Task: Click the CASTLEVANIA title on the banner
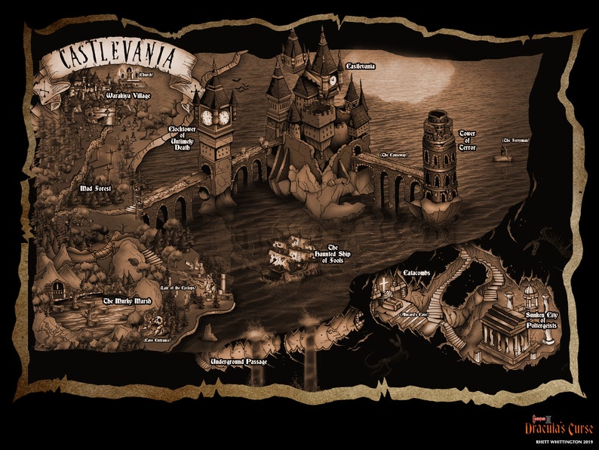pyautogui.click(x=110, y=58)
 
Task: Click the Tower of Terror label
pyautogui.click(x=468, y=140)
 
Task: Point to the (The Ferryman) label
pyautogui.click(x=516, y=141)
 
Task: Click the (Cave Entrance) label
pyautogui.click(x=157, y=341)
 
